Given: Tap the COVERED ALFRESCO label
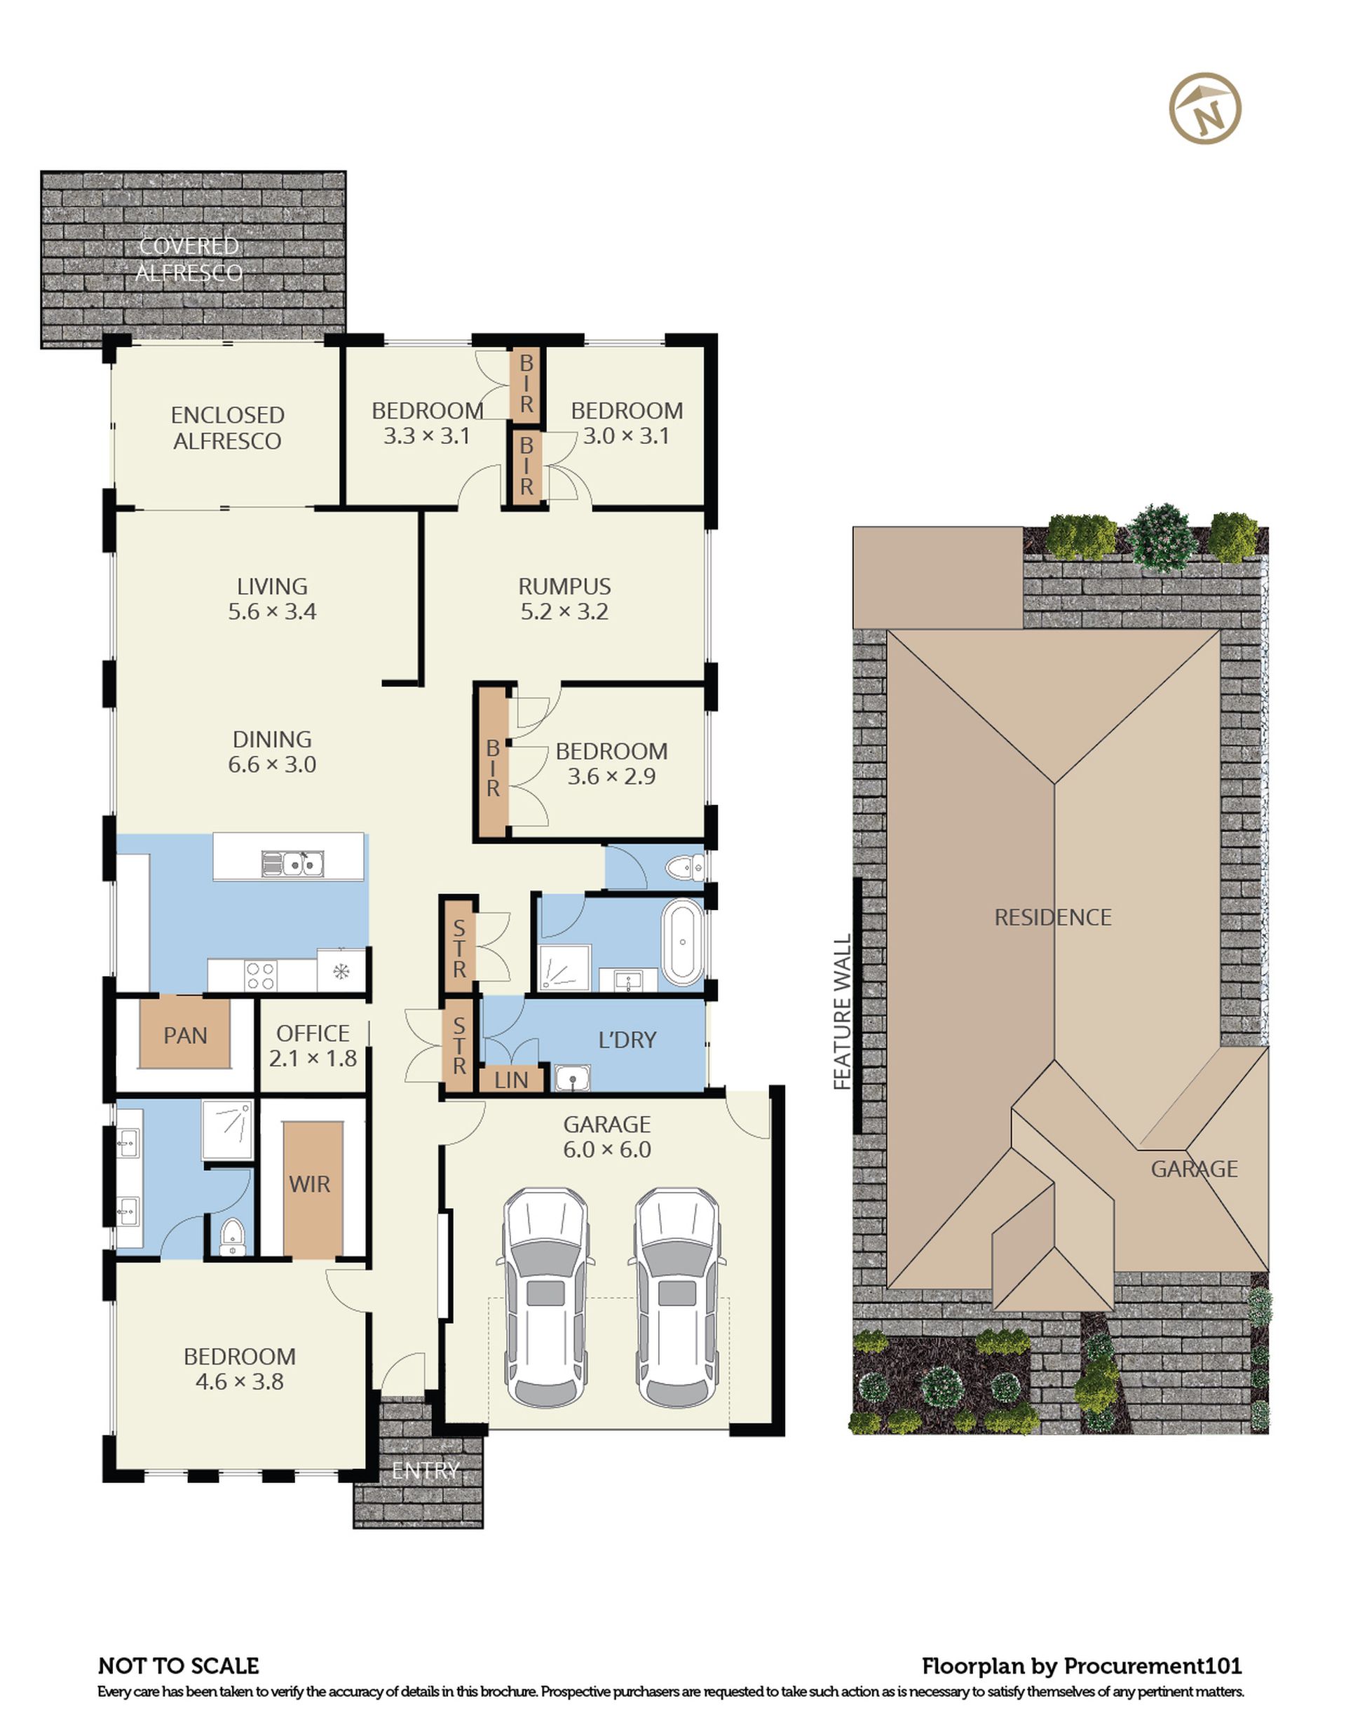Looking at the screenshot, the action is (x=189, y=259).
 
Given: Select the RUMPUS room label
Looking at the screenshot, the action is (x=564, y=586).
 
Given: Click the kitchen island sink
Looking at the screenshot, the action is (x=292, y=864).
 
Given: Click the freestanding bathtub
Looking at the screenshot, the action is (x=682, y=944).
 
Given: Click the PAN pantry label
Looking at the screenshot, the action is (x=185, y=1036).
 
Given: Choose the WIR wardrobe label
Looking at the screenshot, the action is (x=310, y=1184).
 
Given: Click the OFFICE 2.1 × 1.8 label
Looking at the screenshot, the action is (x=313, y=1046).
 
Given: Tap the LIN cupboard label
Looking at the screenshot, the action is (x=512, y=1080).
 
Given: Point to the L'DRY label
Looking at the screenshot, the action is (x=627, y=1040).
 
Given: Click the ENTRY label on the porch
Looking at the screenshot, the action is (x=426, y=1471).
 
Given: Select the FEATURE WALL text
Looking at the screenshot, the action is (x=843, y=1012).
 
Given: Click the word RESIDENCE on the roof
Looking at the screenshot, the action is (x=1053, y=917).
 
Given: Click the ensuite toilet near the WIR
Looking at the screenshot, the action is (x=231, y=1237).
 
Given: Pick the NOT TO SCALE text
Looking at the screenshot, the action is (x=178, y=1665).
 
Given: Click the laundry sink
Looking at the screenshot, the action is (x=573, y=1078).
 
